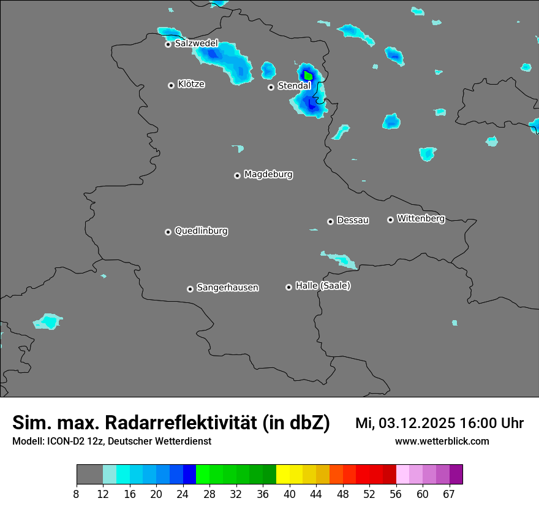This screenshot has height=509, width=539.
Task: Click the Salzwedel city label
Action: [196, 44]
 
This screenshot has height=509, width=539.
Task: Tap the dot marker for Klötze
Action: [171, 85]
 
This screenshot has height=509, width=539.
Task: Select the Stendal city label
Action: [294, 86]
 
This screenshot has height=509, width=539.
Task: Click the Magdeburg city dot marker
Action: [237, 175]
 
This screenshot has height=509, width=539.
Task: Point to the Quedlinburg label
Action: [201, 231]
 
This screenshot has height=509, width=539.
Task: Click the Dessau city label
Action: [353, 220]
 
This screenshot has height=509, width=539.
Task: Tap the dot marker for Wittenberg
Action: [390, 220]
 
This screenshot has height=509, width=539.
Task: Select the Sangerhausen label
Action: [227, 288]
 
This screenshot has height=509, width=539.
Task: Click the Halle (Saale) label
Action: [323, 286]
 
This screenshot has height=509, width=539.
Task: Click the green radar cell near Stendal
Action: [308, 76]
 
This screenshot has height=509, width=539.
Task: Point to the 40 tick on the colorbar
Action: [290, 493]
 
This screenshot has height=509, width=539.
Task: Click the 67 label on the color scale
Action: [449, 493]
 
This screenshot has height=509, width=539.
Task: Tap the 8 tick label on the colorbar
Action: [77, 493]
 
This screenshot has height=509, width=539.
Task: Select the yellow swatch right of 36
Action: [282, 475]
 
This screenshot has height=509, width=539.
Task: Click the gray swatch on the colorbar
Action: [89, 475]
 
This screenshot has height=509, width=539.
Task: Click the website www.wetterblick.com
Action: [442, 442]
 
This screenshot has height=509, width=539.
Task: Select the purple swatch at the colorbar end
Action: [456, 475]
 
